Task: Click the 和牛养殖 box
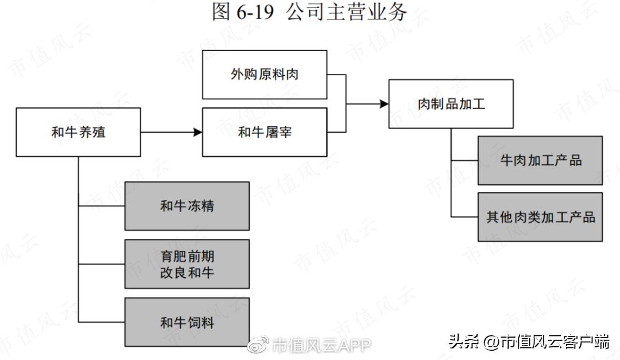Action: coord(79,132)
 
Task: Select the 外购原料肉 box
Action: coord(265,75)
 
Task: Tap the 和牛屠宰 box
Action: coord(265,132)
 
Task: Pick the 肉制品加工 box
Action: coord(451,104)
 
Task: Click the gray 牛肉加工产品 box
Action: coord(540,160)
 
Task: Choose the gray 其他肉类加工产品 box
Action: coord(540,217)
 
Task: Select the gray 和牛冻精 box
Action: coord(187,206)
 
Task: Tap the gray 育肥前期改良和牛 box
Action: coord(187,264)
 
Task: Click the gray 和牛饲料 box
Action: coord(187,322)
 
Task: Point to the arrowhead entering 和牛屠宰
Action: coord(198,133)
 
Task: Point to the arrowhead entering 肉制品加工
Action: coord(384,104)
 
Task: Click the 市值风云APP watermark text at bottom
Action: coord(321,344)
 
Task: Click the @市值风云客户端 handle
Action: coord(546,342)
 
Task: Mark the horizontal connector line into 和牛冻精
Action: coord(102,206)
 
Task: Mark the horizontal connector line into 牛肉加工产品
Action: coord(464,160)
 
